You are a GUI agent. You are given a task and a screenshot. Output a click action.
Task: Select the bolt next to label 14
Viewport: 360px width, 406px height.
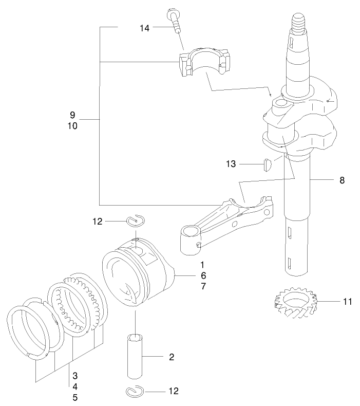point(175,22)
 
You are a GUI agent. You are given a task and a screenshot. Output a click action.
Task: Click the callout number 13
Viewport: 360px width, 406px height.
point(231,164)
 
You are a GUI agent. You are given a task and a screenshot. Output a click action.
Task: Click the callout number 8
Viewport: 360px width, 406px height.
point(342,180)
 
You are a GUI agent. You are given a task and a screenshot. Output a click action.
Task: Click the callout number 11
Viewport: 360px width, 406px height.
point(348,302)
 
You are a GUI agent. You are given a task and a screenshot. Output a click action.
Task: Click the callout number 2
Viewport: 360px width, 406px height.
point(172,357)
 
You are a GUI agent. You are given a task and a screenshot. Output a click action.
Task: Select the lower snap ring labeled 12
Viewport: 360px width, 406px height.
point(135,392)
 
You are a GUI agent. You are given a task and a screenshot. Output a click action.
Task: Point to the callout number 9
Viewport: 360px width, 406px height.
point(72,114)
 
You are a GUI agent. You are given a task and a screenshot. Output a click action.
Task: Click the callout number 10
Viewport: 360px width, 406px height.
point(72,125)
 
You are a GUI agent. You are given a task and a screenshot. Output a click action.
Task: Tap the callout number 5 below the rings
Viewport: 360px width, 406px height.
point(74,397)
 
